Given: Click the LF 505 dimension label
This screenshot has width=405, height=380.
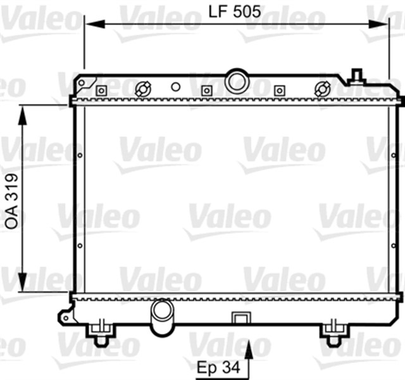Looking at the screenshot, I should tap(235, 10).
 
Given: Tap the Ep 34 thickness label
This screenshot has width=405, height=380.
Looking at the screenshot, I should tap(218, 367).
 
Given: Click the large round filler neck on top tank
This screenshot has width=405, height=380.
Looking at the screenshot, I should tap(237, 81).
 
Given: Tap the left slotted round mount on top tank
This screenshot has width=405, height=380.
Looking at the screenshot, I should tap(144, 88).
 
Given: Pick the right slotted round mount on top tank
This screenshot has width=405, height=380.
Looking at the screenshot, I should tap(323, 88).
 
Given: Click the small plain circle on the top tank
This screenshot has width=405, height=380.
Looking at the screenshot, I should tap(176, 87).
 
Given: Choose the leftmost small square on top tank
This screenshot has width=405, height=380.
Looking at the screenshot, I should tap(100, 91).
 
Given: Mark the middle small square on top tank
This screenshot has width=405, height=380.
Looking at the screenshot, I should tap(205, 91).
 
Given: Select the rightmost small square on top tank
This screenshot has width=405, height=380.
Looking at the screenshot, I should tap(278, 91).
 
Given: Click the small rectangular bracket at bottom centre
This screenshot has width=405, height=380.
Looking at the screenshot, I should tap(240, 317).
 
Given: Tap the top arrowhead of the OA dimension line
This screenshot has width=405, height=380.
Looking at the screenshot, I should tap(22, 111).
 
